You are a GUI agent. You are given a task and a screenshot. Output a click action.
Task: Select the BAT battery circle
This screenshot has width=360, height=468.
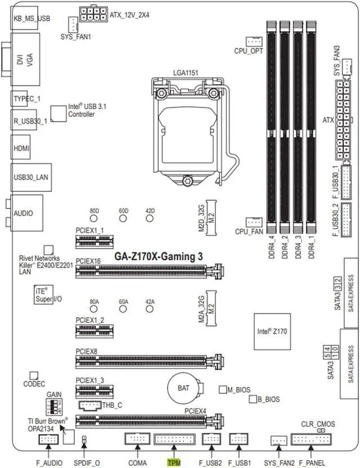pyautogui.click(x=183, y=388)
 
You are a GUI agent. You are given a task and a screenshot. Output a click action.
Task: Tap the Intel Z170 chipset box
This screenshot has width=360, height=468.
pyautogui.click(x=272, y=332)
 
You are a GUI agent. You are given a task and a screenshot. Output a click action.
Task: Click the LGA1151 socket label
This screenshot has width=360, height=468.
pyautogui.click(x=186, y=73)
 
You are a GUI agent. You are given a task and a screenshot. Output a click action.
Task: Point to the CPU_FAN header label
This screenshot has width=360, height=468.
pyautogui.click(x=250, y=231)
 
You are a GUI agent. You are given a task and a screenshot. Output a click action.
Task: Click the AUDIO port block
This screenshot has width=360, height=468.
pyautogui.click(x=23, y=213)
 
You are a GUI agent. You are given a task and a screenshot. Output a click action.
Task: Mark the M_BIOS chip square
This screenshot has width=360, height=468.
pyautogui.click(x=223, y=389)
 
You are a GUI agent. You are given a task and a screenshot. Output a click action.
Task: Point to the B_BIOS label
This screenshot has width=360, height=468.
pyautogui.click(x=268, y=399)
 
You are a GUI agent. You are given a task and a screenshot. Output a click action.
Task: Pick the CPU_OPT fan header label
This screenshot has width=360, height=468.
pyautogui.click(x=249, y=51)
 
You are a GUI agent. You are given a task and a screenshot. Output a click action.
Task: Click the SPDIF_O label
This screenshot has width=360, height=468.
pyautogui.click(x=84, y=462)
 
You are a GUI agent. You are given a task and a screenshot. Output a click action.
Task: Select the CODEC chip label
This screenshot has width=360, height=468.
pyautogui.click(x=34, y=384)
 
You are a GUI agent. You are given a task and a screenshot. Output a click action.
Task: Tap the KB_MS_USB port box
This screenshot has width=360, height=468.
pyautogui.click(x=31, y=18)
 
